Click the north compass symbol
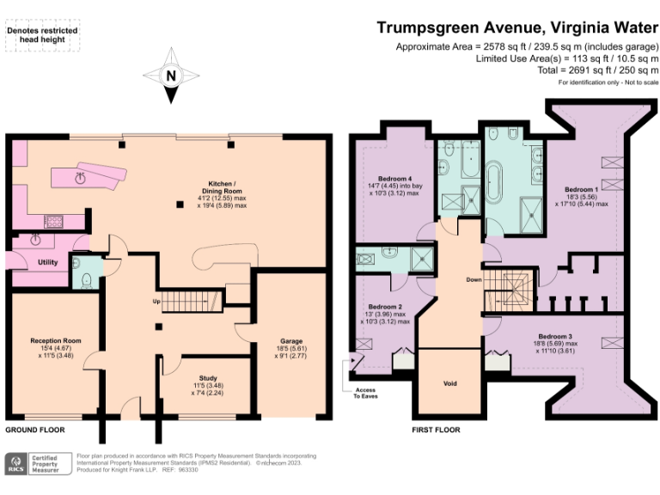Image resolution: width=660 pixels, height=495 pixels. coord(170,76)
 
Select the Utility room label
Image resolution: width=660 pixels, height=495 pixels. coord(47,261)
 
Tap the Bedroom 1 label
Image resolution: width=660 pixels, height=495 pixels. coord(581,189)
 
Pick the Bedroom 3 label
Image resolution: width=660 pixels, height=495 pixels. coord(555,336)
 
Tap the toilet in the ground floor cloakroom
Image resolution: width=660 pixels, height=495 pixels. coord(89,279)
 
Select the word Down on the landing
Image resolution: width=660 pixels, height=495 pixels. coord(474,280)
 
